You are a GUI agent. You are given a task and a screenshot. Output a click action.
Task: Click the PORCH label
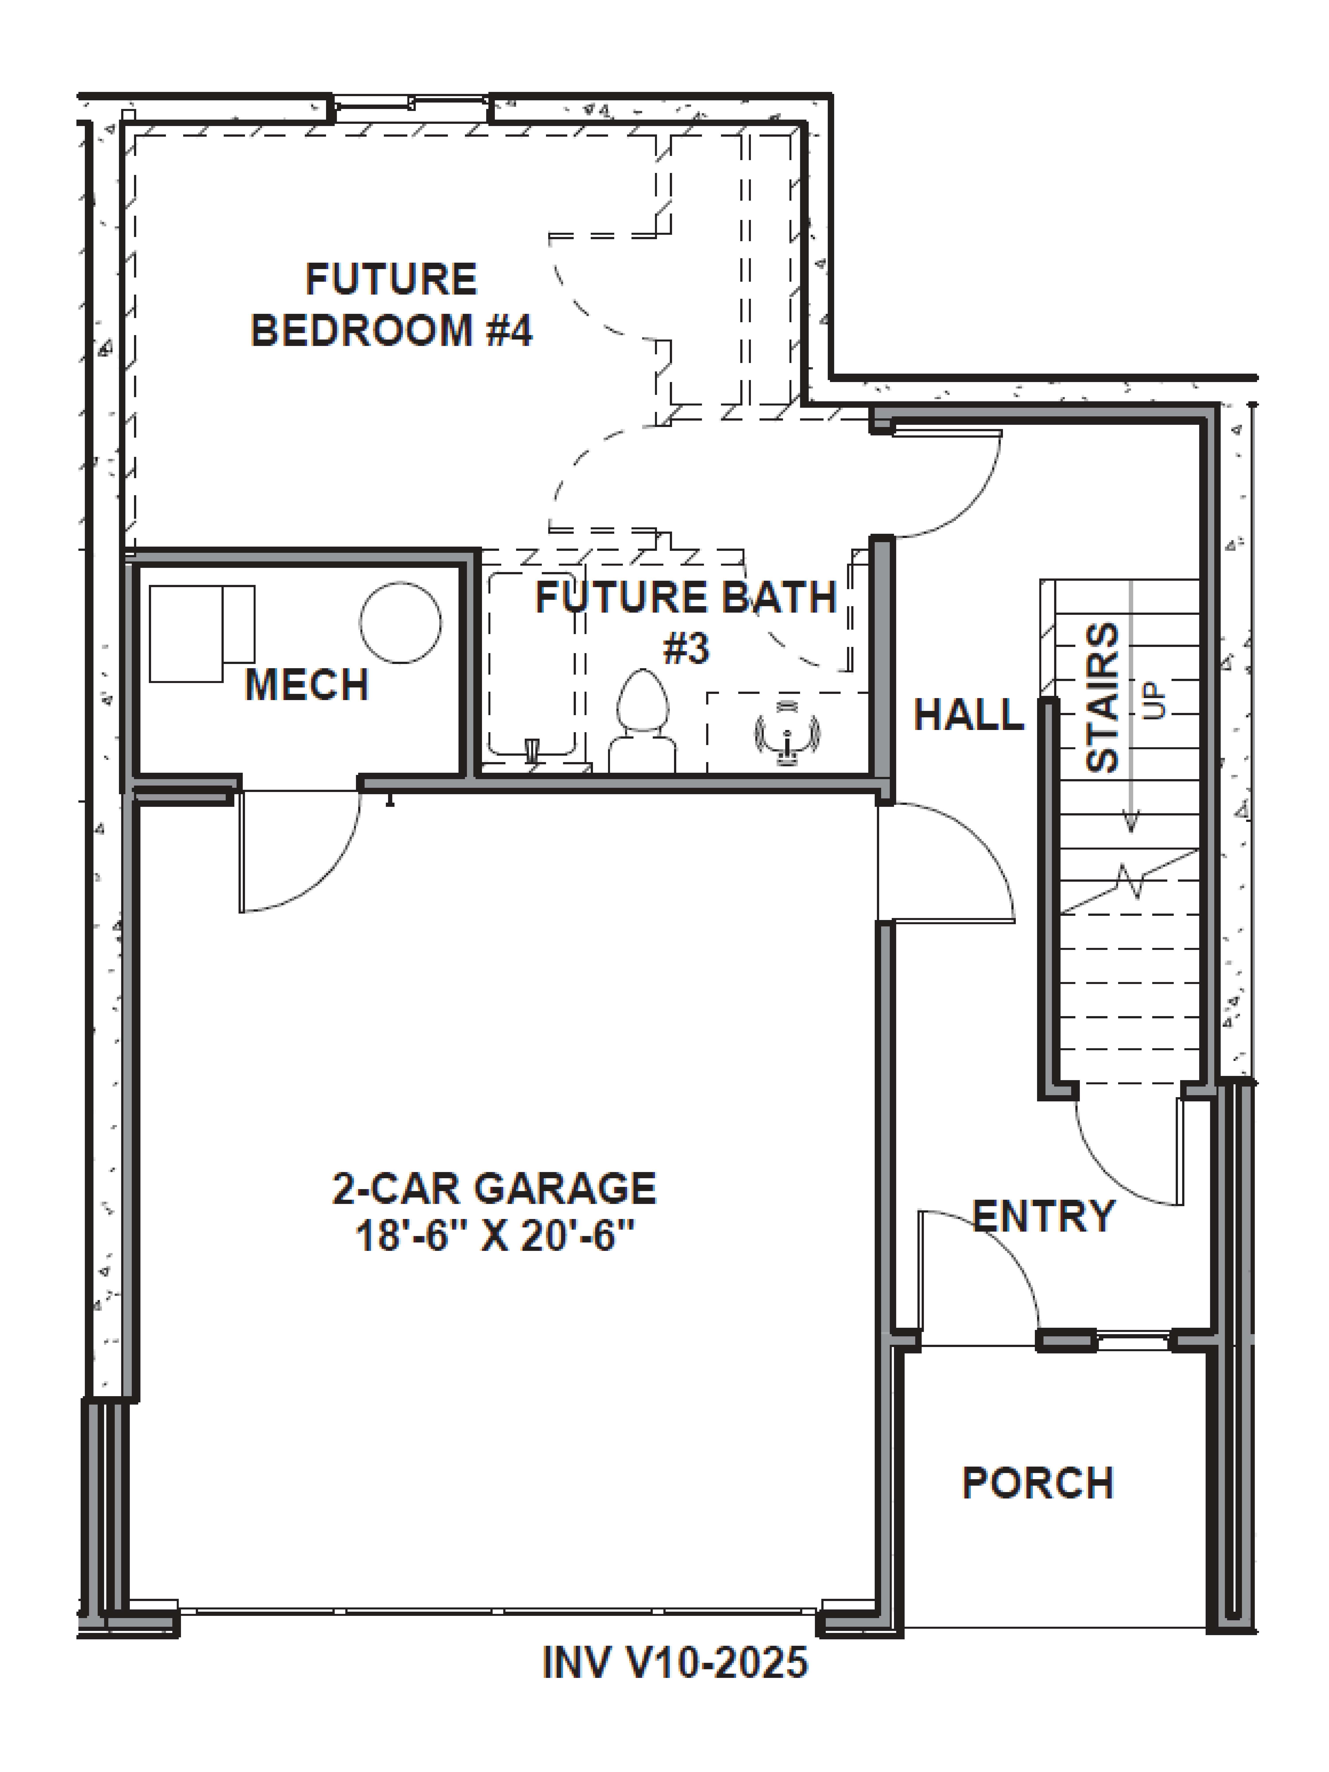pyautogui.click(x=1038, y=1483)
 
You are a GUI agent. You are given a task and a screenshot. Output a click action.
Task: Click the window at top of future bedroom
pyautogui.click(x=410, y=103)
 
